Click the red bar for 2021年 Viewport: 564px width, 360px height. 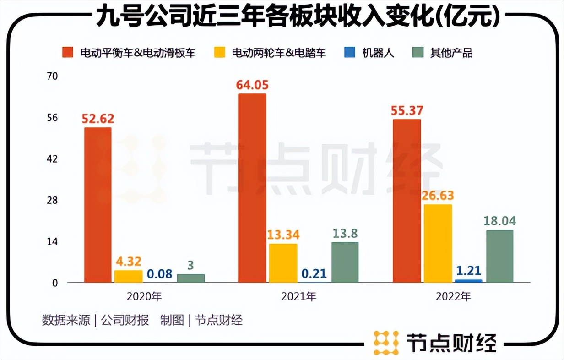point(252,188)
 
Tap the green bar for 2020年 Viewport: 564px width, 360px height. point(190,278)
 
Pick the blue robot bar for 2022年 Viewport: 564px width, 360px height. point(468,281)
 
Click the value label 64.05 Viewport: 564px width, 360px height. point(252,85)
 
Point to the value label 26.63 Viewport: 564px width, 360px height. point(438,196)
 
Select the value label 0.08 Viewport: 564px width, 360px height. point(159,274)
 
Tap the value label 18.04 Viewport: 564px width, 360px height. point(500,221)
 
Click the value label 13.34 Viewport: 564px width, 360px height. point(283,235)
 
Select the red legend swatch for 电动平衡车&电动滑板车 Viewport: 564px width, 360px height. point(68,53)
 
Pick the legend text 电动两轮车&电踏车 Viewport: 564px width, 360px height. point(279,53)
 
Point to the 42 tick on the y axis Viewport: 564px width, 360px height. point(53,159)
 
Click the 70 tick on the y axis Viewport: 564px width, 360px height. point(53,76)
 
